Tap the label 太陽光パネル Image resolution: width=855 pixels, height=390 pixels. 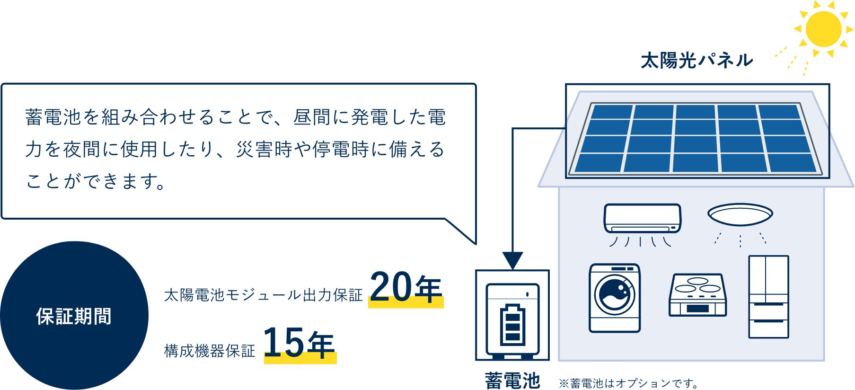click(x=696, y=61)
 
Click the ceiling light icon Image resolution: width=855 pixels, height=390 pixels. click(x=740, y=214)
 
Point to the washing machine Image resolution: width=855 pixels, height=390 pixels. click(x=615, y=298)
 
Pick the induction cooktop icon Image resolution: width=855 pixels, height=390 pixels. click(x=697, y=295)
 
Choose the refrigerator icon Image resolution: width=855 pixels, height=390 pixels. click(x=768, y=297)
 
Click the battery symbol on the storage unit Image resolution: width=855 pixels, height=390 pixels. click(x=512, y=325)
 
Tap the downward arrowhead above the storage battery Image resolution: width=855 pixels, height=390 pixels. click(x=512, y=261)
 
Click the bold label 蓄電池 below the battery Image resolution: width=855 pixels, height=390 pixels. click(x=512, y=380)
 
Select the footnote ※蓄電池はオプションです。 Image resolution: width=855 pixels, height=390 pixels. click(x=628, y=383)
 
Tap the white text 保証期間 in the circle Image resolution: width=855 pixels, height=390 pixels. click(x=74, y=316)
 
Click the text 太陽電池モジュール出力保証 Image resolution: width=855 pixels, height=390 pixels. click(x=263, y=295)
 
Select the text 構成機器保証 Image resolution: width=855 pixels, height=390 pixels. click(x=210, y=351)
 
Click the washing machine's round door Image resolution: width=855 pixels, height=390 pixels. click(x=615, y=294)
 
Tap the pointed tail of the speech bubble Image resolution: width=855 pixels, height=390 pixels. click(x=475, y=243)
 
